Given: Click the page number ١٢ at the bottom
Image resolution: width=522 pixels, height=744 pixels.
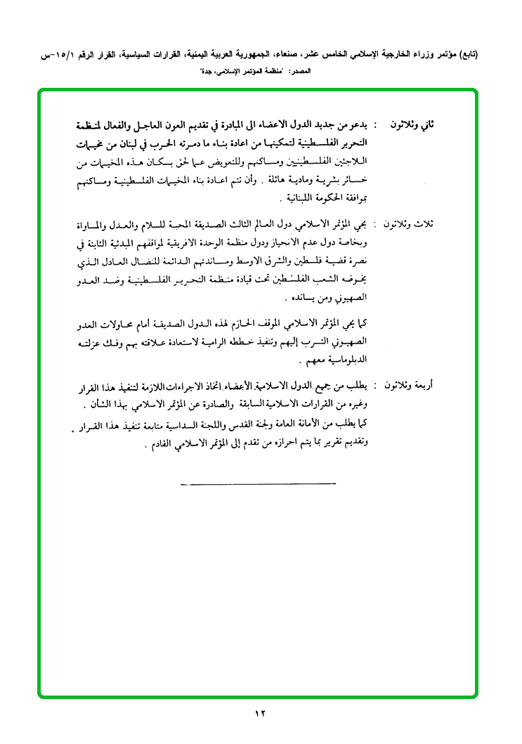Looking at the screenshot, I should pyautogui.click(x=261, y=714).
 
